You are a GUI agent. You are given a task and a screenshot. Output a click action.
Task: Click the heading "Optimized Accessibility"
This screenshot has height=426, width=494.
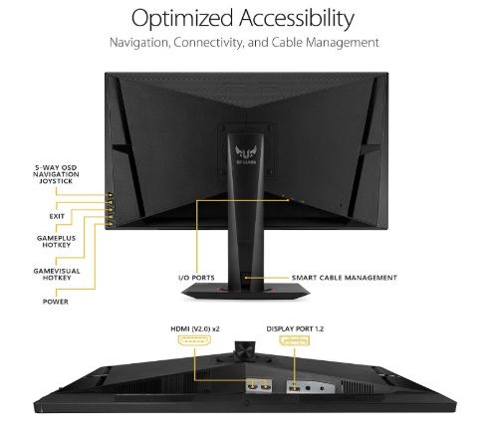(x=243, y=19)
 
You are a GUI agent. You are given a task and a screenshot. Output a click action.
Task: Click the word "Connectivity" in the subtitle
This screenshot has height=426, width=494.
(x=208, y=43)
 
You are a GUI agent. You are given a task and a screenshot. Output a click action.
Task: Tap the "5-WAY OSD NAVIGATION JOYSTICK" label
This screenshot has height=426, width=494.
(x=56, y=174)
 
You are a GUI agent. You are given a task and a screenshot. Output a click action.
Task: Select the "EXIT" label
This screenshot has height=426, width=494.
(x=57, y=216)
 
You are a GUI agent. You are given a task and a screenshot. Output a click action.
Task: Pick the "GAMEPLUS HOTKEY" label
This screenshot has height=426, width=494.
(x=56, y=242)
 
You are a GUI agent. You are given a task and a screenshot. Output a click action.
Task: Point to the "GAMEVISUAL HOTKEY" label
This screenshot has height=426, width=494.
(x=57, y=275)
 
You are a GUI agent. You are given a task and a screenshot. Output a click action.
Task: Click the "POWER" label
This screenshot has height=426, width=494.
(x=56, y=302)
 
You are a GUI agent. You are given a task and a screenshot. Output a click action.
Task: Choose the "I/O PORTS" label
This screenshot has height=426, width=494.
(x=196, y=278)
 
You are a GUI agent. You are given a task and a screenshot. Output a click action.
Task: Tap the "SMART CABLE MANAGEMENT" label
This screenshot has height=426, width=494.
(x=345, y=278)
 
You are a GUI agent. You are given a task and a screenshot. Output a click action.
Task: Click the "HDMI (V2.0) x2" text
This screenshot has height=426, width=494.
(x=195, y=329)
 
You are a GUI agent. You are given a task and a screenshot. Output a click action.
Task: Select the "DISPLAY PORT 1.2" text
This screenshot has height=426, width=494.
(x=295, y=329)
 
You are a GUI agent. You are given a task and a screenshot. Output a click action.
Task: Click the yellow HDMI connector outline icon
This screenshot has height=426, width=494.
(x=195, y=341)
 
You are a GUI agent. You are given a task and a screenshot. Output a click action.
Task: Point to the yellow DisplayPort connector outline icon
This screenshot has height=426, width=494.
(x=294, y=341)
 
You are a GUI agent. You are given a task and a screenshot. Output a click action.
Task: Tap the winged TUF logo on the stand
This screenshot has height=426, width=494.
(x=246, y=153)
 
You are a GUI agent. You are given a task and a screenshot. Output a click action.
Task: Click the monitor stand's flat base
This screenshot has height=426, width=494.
(x=246, y=293)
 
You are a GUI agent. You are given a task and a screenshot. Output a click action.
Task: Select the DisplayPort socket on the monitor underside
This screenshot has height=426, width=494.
(x=294, y=387)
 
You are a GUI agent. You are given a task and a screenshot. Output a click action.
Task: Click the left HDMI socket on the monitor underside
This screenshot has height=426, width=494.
(x=253, y=386)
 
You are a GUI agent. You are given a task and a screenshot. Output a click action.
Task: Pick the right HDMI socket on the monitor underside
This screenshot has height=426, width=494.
(x=265, y=386)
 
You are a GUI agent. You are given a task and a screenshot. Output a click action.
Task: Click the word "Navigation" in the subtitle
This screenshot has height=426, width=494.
(x=139, y=43)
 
